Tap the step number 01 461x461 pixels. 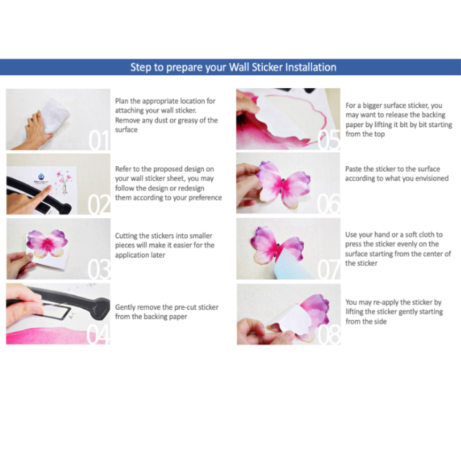coord(99,140)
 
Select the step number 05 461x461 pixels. coord(329,140)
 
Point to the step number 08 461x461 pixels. coord(329,335)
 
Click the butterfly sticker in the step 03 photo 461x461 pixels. coord(47,244)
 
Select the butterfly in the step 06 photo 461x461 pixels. coord(283,185)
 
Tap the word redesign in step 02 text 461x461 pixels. coord(191,188)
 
